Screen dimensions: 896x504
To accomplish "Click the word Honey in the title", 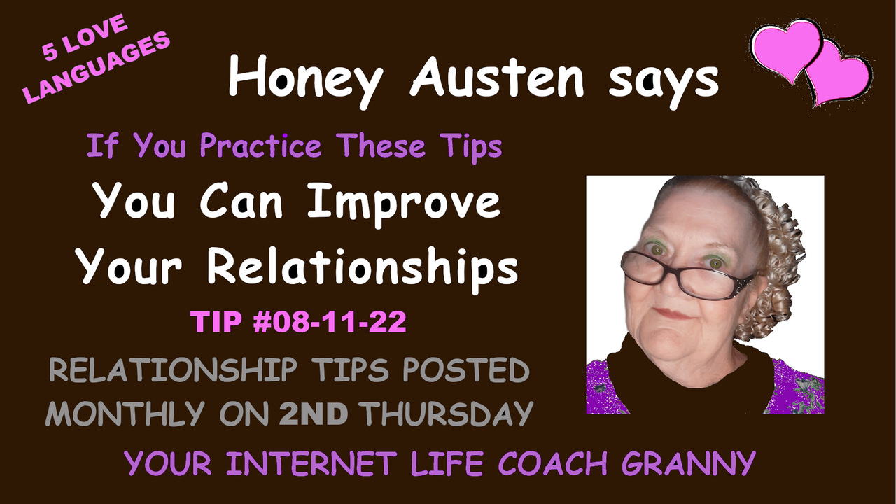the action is [306, 80].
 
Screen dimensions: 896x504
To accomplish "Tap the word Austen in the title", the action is [497, 76].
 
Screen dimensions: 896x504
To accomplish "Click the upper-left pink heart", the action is [785, 49].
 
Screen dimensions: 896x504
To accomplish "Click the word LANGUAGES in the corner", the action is [97, 68].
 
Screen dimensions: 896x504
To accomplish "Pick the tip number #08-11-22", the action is [330, 321].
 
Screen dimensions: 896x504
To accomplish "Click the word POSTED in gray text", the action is [466, 370].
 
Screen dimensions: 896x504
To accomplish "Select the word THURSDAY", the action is [447, 414].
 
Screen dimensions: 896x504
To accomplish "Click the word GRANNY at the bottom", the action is [688, 463].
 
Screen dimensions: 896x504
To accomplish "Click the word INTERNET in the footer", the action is [311, 463].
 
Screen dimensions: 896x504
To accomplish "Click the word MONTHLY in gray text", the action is [125, 414].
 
